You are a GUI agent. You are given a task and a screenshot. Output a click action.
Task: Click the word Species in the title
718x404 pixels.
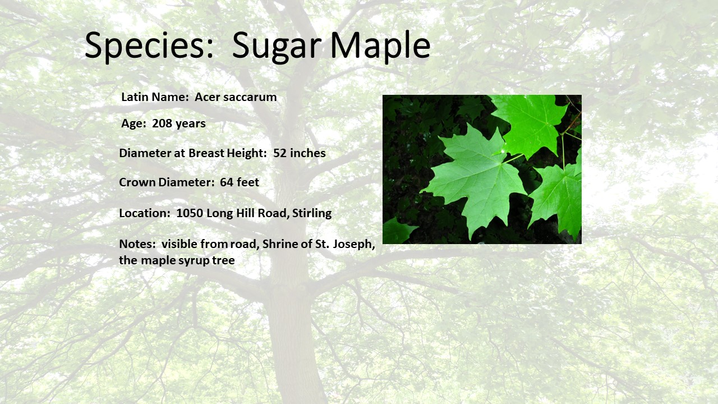[149, 45]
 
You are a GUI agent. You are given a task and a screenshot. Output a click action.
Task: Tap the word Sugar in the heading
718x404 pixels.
[277, 47]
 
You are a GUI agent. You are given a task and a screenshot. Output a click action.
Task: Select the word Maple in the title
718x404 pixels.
[380, 47]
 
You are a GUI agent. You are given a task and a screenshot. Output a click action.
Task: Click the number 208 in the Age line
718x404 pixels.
[162, 123]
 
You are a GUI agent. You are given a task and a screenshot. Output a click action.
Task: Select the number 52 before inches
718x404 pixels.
[280, 153]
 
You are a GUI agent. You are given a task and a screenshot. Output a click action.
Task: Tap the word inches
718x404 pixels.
[308, 153]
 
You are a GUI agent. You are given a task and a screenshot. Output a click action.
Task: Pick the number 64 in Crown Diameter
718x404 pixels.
[227, 182]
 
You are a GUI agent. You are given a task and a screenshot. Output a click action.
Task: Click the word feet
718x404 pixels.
[248, 182]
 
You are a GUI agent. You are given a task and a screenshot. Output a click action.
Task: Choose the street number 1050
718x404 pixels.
[190, 213]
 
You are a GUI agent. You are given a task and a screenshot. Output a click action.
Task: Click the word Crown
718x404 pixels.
[137, 182]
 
